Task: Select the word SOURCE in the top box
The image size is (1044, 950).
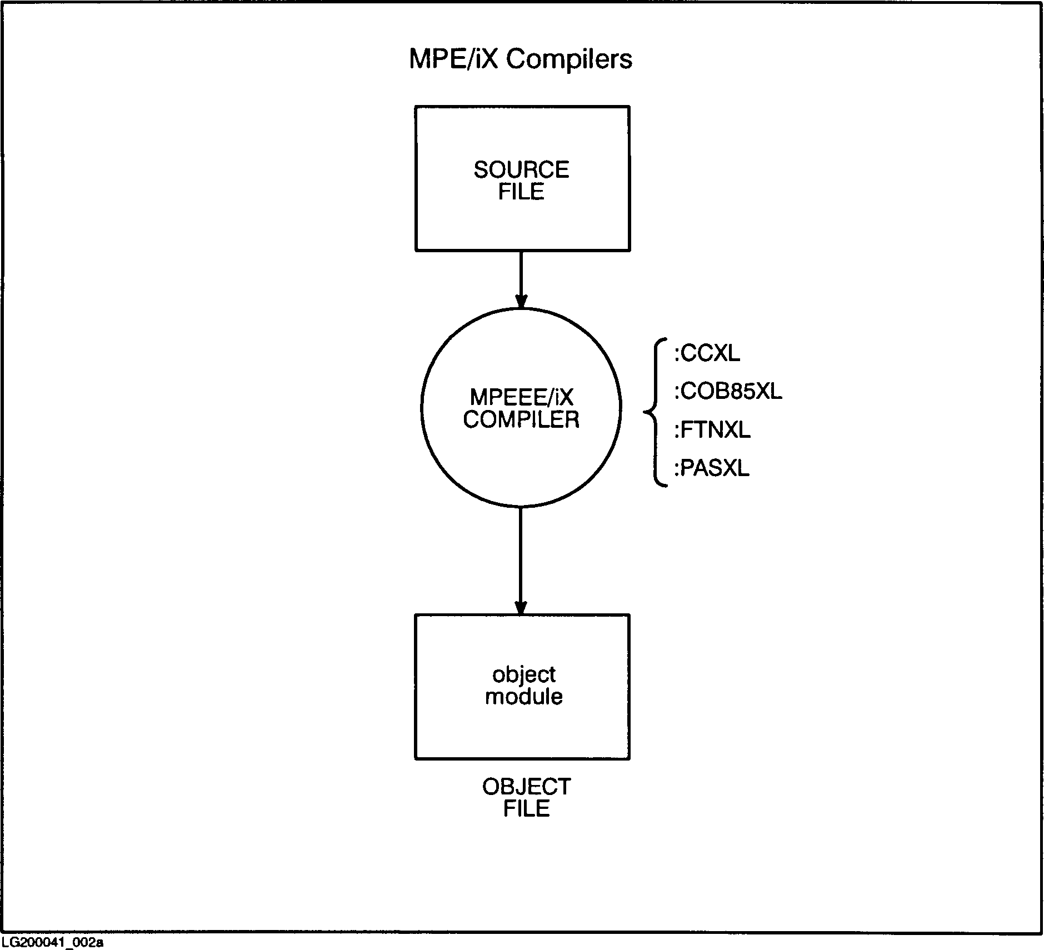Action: tap(521, 169)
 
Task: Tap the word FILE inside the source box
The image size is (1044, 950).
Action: tap(521, 192)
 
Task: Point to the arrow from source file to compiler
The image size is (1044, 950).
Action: tap(521, 278)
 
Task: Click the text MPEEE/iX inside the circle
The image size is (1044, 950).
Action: tap(521, 397)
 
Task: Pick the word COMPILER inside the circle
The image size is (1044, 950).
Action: tap(521, 420)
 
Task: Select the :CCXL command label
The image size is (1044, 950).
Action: tap(707, 353)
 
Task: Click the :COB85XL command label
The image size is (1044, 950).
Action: tap(728, 392)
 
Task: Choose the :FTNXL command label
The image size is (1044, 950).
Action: tap(712, 430)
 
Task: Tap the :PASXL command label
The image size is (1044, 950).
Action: tap(712, 468)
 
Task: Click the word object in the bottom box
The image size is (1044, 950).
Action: tap(523, 674)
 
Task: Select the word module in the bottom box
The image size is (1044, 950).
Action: tap(523, 697)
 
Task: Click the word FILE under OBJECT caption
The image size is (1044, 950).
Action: tap(526, 809)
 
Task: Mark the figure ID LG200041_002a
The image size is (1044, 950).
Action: tap(53, 942)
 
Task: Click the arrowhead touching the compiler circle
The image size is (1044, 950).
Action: tap(521, 301)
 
